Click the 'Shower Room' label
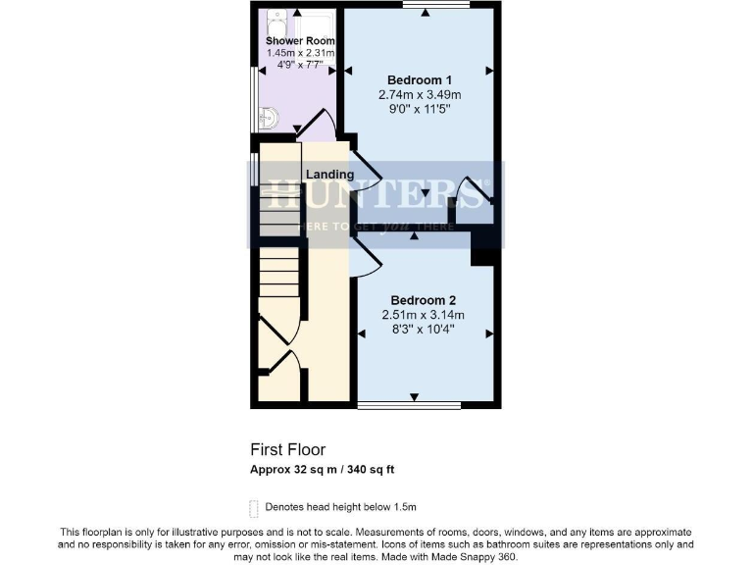click(299, 40)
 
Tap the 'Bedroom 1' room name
click(420, 79)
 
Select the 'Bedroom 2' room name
click(423, 300)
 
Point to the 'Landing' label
click(329, 175)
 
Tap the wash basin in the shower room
click(269, 119)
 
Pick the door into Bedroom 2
click(364, 259)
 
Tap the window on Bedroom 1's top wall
click(435, 6)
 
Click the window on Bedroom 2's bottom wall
click(409, 404)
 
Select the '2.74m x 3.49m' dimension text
click(420, 95)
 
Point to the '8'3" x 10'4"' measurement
click(423, 330)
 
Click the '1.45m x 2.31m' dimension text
click(299, 53)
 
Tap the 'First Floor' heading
click(288, 450)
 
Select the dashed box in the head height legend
click(256, 507)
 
